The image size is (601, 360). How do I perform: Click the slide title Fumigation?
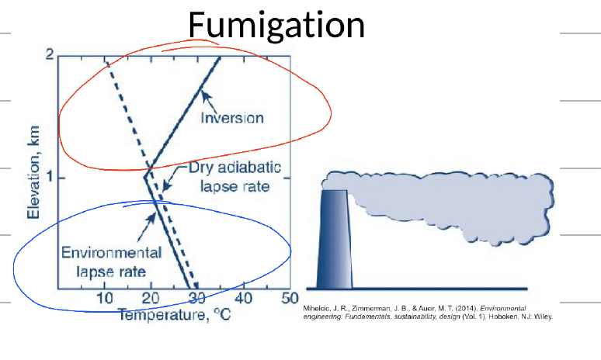(276, 26)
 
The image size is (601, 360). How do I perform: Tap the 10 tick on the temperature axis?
(105, 298)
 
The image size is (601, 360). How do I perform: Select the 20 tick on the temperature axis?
(151, 298)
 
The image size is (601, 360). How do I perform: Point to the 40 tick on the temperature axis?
(244, 298)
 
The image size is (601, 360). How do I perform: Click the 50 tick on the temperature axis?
(290, 298)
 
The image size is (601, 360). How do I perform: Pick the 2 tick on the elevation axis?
(50, 55)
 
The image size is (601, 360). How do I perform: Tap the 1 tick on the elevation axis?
(50, 178)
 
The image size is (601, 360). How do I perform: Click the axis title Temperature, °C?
(175, 315)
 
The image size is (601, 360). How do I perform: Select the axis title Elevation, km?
(33, 172)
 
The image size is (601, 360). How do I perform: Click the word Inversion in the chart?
(232, 118)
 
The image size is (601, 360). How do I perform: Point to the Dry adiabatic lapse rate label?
(235, 177)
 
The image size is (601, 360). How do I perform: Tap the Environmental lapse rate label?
(111, 262)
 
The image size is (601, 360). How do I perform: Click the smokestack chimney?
(334, 239)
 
